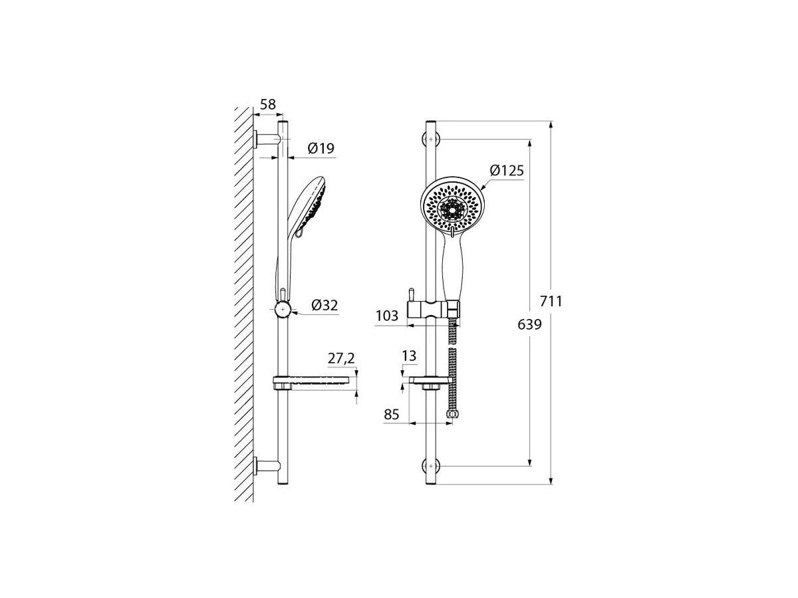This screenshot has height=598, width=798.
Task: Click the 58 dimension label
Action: pos(268,104)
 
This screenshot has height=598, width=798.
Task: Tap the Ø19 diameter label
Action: pos(321,148)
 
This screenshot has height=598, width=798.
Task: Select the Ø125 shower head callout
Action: pos(507,170)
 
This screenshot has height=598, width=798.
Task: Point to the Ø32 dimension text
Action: pos(325,306)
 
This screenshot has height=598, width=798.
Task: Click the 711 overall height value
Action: pos(551,302)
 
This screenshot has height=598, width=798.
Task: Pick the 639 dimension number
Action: pos(530,325)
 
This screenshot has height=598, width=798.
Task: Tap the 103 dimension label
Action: pos(387,316)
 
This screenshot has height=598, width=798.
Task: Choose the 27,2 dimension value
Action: pos(341,359)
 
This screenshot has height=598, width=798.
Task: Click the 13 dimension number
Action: pos(409,356)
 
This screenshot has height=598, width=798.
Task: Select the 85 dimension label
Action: pos(392,414)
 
